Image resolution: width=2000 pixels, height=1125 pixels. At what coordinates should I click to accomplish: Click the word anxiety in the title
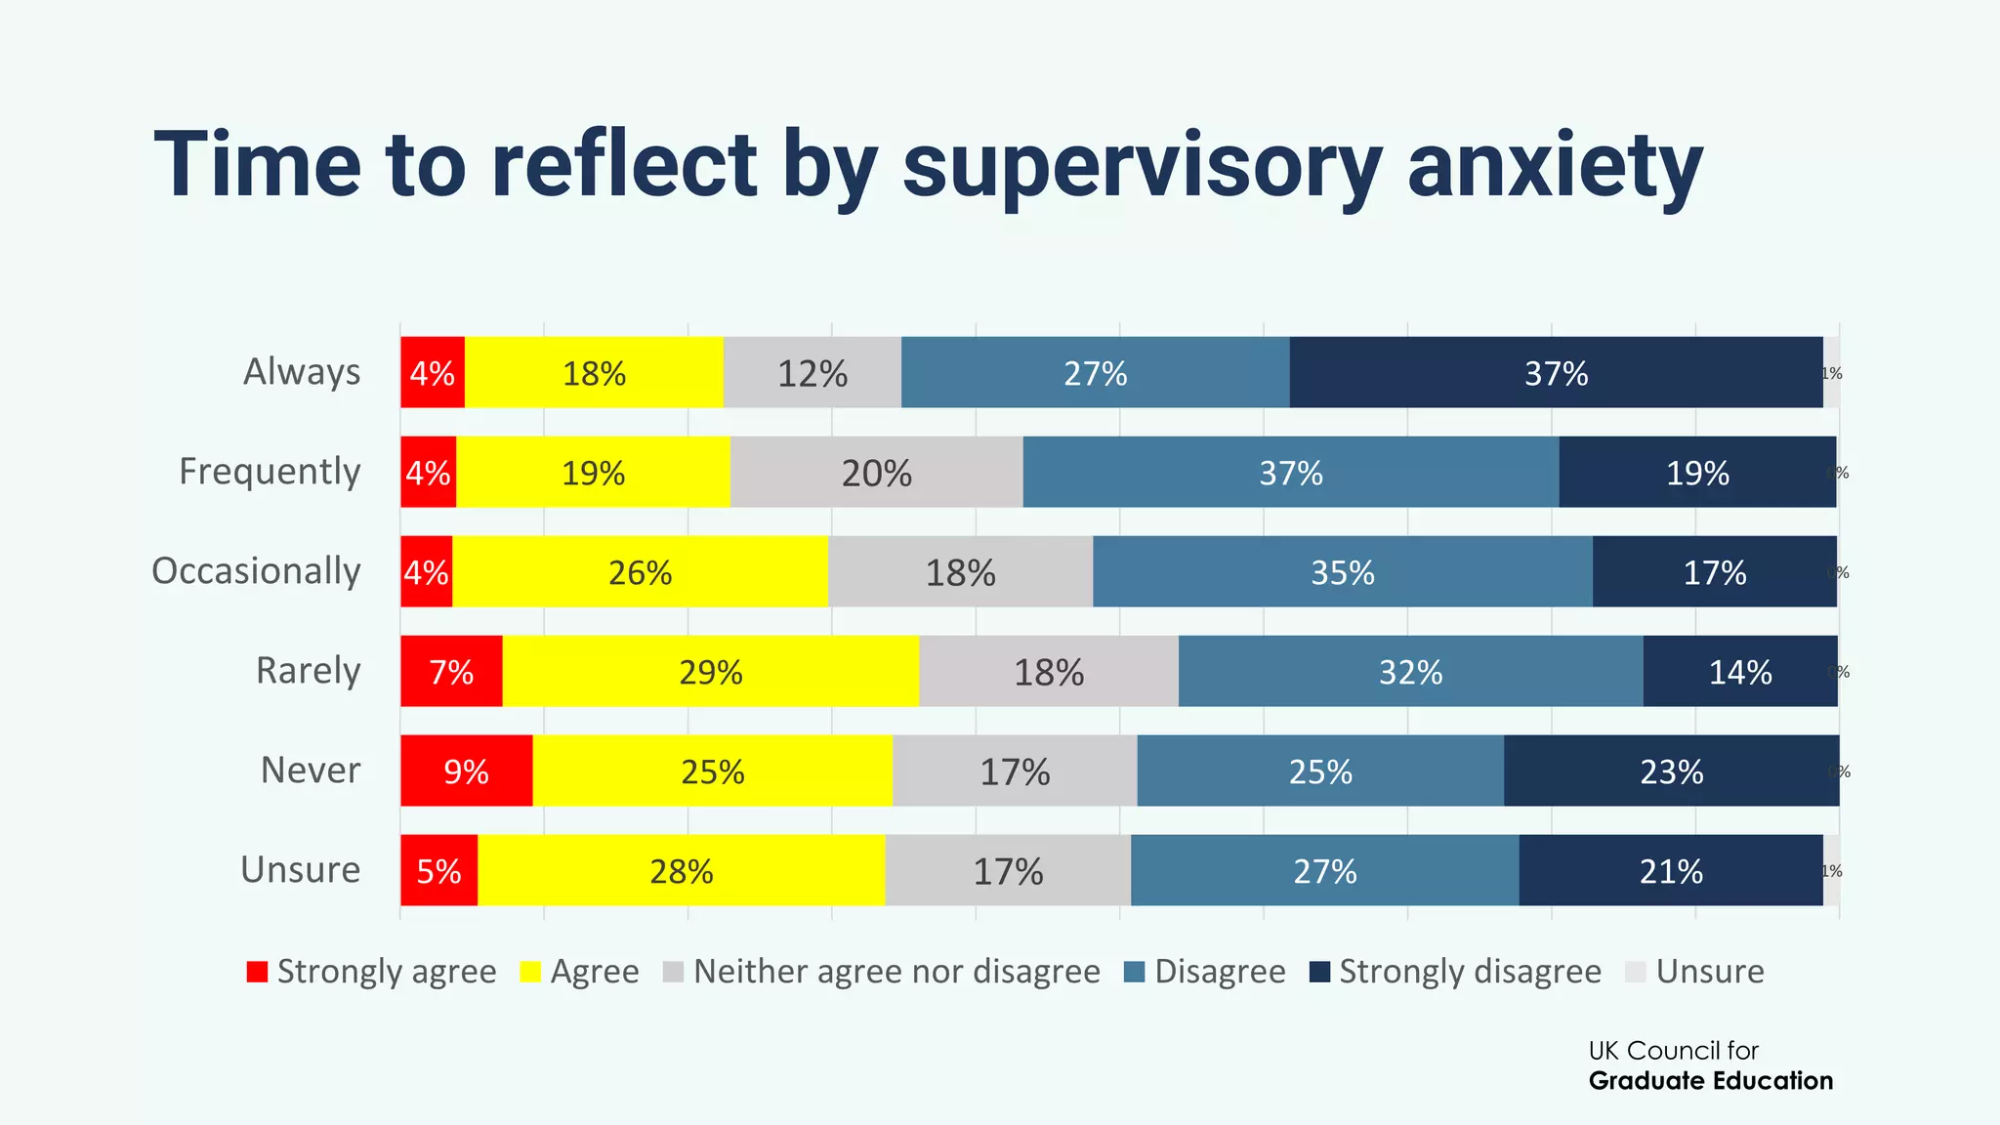pos(1555,166)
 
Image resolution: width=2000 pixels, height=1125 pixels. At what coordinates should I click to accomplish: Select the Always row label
pos(302,372)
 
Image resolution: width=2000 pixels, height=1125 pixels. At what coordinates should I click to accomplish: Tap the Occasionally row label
pos(257,571)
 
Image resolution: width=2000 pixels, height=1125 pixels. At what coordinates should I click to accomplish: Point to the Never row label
pos(311,771)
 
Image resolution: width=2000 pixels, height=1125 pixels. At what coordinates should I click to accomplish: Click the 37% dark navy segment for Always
pos(1556,373)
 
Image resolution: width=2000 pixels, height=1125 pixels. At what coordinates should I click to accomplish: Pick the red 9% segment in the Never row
pos(466,771)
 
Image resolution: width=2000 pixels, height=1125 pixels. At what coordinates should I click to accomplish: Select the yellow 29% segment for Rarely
pos(710,672)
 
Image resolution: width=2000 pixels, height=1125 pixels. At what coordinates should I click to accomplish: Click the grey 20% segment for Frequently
pos(876,473)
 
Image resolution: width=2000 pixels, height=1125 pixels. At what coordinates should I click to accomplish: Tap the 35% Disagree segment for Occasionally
pos(1342,572)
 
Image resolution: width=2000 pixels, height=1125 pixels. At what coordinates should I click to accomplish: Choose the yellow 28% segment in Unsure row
pos(681,871)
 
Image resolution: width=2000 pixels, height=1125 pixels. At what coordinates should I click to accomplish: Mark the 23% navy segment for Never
pos(1671,771)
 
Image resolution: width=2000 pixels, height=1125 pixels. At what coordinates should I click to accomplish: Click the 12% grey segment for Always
pos(812,373)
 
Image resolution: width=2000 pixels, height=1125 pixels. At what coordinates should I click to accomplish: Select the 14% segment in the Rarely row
pos(1739,672)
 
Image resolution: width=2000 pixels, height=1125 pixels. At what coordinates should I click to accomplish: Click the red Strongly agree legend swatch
pos(257,972)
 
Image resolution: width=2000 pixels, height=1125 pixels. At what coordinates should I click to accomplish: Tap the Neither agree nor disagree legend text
pos(896,972)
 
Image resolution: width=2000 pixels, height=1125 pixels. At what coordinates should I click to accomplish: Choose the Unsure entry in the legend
pos(1709,972)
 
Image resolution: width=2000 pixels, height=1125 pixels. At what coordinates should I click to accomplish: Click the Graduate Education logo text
pos(1710,1081)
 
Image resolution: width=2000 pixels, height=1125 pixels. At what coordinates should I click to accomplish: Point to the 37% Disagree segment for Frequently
pos(1290,473)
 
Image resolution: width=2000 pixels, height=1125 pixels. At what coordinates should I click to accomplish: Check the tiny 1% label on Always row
pos(1831,373)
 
